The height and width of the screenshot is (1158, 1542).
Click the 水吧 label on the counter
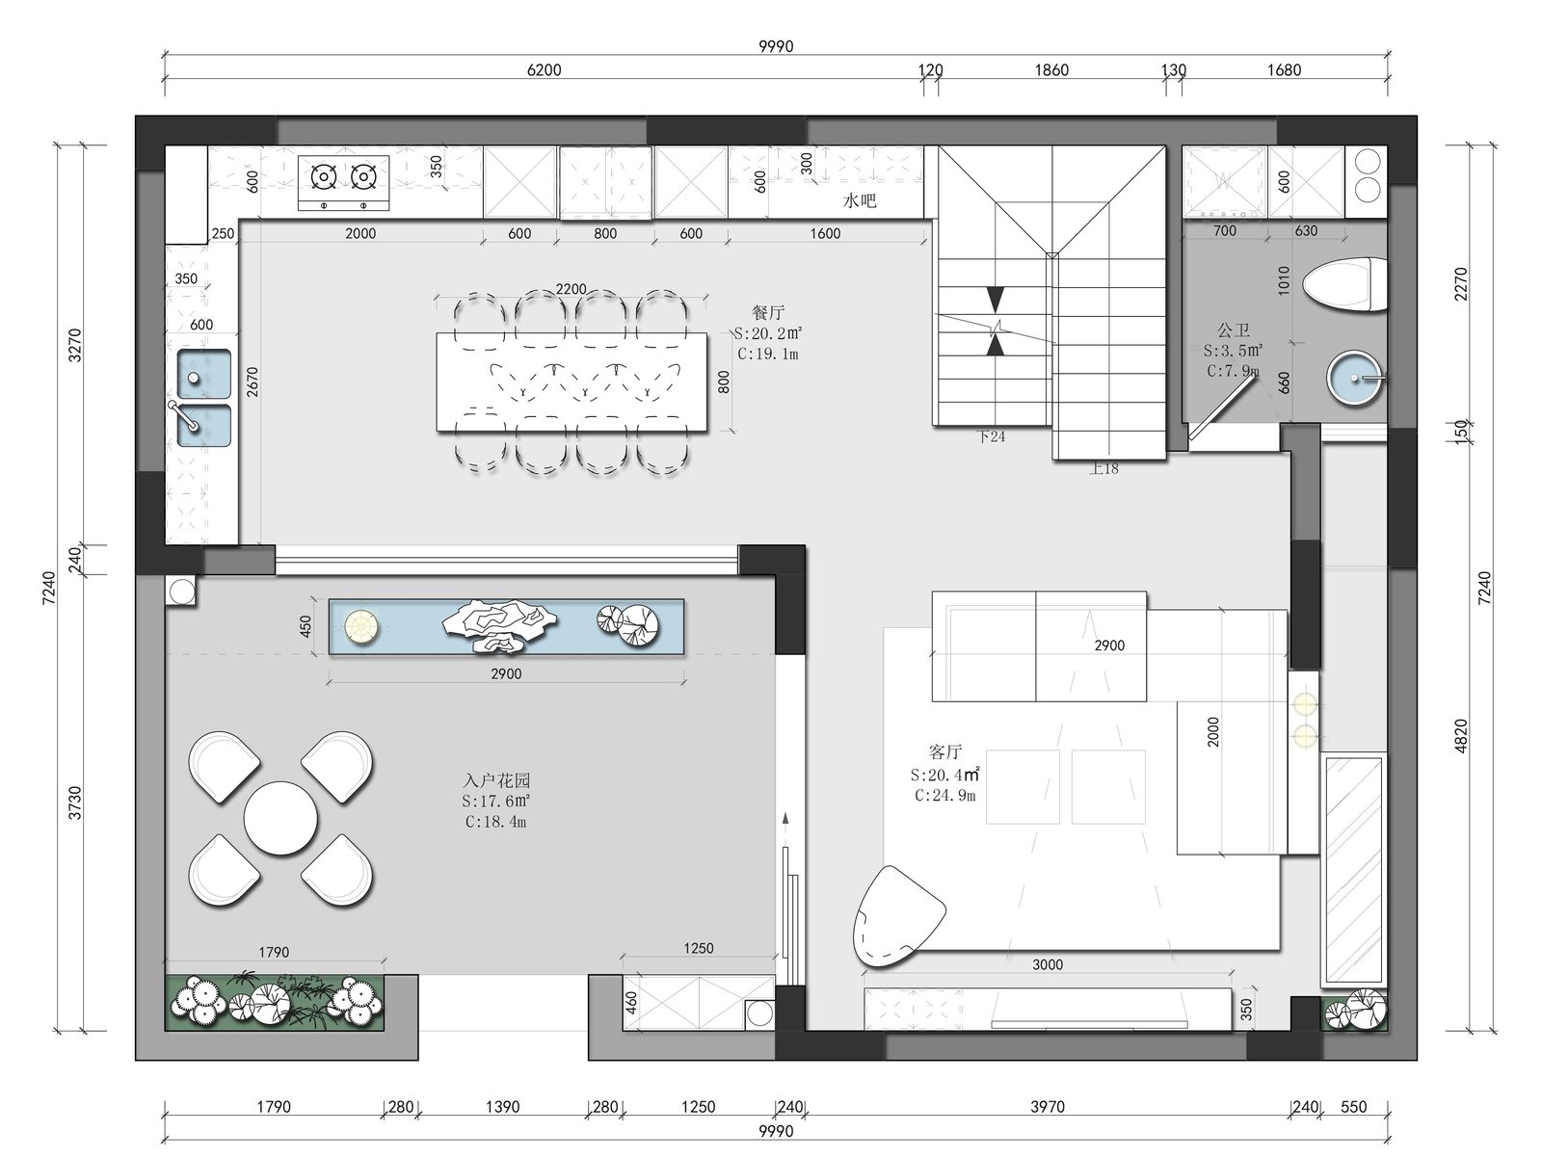coord(859,200)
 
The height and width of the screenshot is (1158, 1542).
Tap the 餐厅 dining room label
coord(768,312)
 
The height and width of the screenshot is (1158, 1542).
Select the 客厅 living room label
coord(944,752)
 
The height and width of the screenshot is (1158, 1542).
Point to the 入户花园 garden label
coord(496,780)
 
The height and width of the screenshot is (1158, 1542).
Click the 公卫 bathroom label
coord(1234,329)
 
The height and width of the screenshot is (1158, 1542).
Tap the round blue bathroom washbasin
coord(1354,379)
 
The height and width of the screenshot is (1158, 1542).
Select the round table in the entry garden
coord(280,818)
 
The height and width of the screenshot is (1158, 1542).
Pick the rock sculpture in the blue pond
coord(499,624)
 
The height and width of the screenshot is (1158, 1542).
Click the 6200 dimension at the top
coord(544,69)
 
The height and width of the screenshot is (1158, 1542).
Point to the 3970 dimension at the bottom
coord(1048,1107)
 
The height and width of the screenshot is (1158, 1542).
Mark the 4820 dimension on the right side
coord(1460,736)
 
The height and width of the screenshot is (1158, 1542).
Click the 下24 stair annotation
coord(992,436)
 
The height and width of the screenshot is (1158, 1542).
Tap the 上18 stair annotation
coord(1103,468)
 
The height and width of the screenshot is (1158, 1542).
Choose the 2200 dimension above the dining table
coord(571,289)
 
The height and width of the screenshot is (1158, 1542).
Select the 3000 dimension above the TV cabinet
coord(1048,964)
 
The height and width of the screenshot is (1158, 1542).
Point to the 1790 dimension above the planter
coord(274,952)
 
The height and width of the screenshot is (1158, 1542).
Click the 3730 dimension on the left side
coord(74,803)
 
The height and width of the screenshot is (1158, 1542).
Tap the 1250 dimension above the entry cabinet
coord(699,948)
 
